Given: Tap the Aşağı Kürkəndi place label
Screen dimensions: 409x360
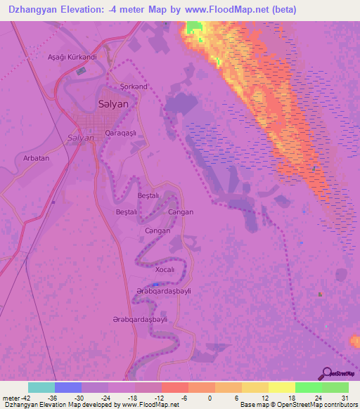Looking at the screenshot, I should click(x=70, y=57).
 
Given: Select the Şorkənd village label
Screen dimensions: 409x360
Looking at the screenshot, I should click(x=134, y=86).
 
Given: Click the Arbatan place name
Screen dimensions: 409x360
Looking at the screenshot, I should click(x=37, y=158).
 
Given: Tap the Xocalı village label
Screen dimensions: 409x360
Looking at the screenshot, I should click(x=165, y=270).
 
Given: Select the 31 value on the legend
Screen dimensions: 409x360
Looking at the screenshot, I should click(x=344, y=398).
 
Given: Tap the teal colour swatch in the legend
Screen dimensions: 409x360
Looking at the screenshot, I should click(x=41, y=387).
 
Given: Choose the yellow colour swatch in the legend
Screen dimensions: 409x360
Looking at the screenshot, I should click(x=282, y=387).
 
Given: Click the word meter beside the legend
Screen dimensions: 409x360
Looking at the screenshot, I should click(x=10, y=398).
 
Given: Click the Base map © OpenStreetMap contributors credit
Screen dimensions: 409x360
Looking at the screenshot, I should click(x=297, y=405).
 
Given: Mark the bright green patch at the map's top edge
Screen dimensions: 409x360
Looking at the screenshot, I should click(x=193, y=27).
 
